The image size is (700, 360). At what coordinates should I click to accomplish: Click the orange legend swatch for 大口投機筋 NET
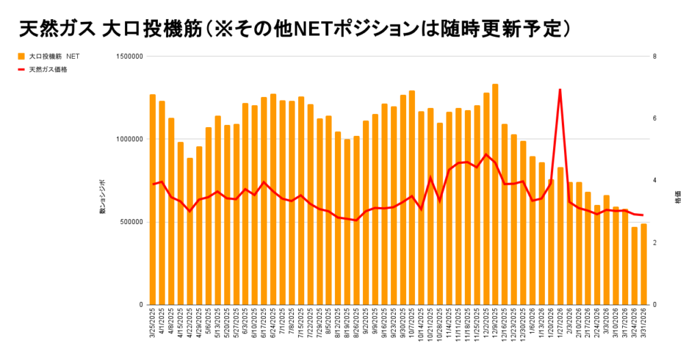click(21, 56)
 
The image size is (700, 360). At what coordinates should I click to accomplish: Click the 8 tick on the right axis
click(655, 57)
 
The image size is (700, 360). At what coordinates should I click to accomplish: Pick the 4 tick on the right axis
click(655, 180)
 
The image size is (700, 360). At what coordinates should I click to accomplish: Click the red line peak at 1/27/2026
click(561, 89)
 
